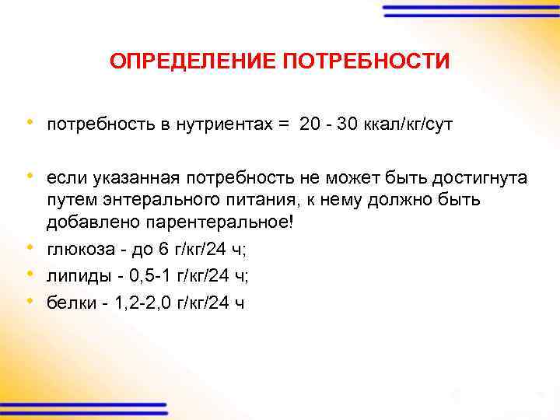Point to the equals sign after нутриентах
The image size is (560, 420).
point(283,124)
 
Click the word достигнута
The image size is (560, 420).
point(479,178)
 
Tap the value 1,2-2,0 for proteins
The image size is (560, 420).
point(145,302)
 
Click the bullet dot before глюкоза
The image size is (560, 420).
point(30,249)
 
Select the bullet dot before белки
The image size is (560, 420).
point(30,300)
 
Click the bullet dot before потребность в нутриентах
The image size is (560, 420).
point(30,123)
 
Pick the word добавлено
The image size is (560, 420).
point(93,222)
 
